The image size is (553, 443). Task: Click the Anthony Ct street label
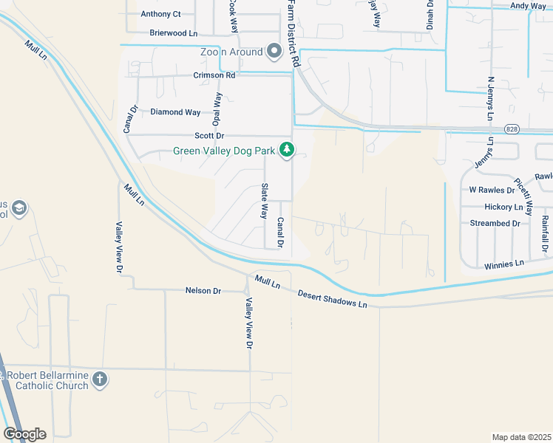coord(160,14)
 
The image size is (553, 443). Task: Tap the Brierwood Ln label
coord(174,33)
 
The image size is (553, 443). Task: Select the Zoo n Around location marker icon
coord(274,52)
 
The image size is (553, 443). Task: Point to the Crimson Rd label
coord(214,75)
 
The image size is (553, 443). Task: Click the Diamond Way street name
coord(175,112)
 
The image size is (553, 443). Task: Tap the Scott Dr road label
coord(209,136)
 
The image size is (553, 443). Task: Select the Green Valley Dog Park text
coord(223,151)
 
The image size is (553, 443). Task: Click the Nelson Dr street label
coord(203,291)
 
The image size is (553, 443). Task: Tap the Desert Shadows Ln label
coord(332,299)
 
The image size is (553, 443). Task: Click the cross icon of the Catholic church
coord(100,380)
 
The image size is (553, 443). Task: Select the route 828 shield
coord(512,129)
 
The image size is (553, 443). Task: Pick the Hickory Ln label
coord(503,207)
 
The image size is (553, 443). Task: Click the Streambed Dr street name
coord(500,223)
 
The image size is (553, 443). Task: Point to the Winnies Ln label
coord(504,264)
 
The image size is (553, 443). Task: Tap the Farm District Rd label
coord(289,33)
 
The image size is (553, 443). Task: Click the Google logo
coord(24,433)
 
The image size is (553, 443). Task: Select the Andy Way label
coord(528,6)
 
